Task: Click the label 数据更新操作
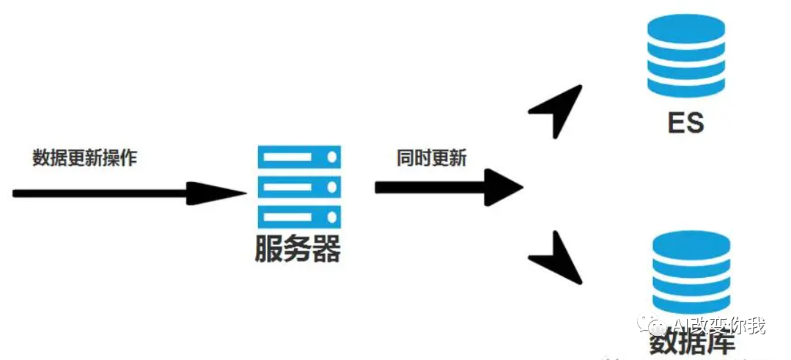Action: (84, 158)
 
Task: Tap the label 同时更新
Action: (431, 158)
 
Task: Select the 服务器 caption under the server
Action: (297, 249)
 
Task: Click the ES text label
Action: (685, 122)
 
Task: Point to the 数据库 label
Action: (691, 342)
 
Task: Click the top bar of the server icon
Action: (298, 158)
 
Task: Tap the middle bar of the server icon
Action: (298, 187)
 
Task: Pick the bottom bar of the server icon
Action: (298, 216)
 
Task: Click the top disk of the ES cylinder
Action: (685, 32)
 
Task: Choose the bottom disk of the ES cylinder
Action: (685, 87)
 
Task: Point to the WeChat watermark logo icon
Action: (650, 323)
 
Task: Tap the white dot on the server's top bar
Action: (332, 158)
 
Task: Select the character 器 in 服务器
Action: (326, 249)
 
